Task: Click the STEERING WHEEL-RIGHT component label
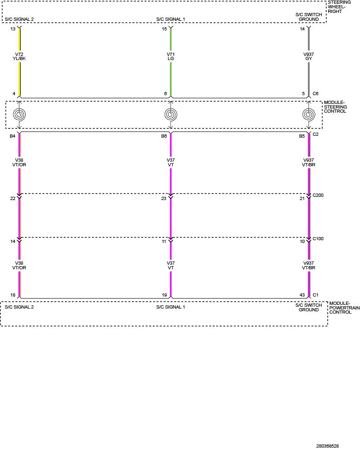pyautogui.click(x=339, y=7)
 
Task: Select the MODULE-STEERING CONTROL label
pyautogui.click(x=336, y=107)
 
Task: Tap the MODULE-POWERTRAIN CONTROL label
pyautogui.click(x=344, y=308)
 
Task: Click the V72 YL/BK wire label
pyautogui.click(x=19, y=56)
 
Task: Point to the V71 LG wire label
pyautogui.click(x=171, y=56)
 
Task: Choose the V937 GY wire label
pyautogui.click(x=308, y=56)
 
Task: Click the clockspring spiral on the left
pyautogui.click(x=19, y=115)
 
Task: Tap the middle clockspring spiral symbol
pyautogui.click(x=171, y=115)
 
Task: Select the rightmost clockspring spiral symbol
pyautogui.click(x=308, y=115)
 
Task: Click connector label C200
pyautogui.click(x=318, y=195)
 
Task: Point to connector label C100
pyautogui.click(x=318, y=238)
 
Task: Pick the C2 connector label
pyautogui.click(x=315, y=134)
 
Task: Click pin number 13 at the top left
pyautogui.click(x=13, y=29)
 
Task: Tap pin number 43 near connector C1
pyautogui.click(x=302, y=295)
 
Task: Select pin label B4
pyautogui.click(x=12, y=136)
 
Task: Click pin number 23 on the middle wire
pyautogui.click(x=164, y=199)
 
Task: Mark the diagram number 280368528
pyautogui.click(x=327, y=446)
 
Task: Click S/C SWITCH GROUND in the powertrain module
pyautogui.click(x=308, y=308)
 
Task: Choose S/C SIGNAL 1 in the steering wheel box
pyautogui.click(x=171, y=19)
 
